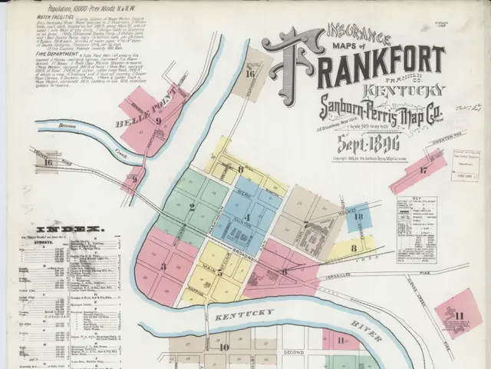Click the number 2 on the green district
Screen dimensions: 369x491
193,206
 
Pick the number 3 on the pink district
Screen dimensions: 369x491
163,266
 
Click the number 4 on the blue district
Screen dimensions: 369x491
247,218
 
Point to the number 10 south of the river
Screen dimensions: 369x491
223,347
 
